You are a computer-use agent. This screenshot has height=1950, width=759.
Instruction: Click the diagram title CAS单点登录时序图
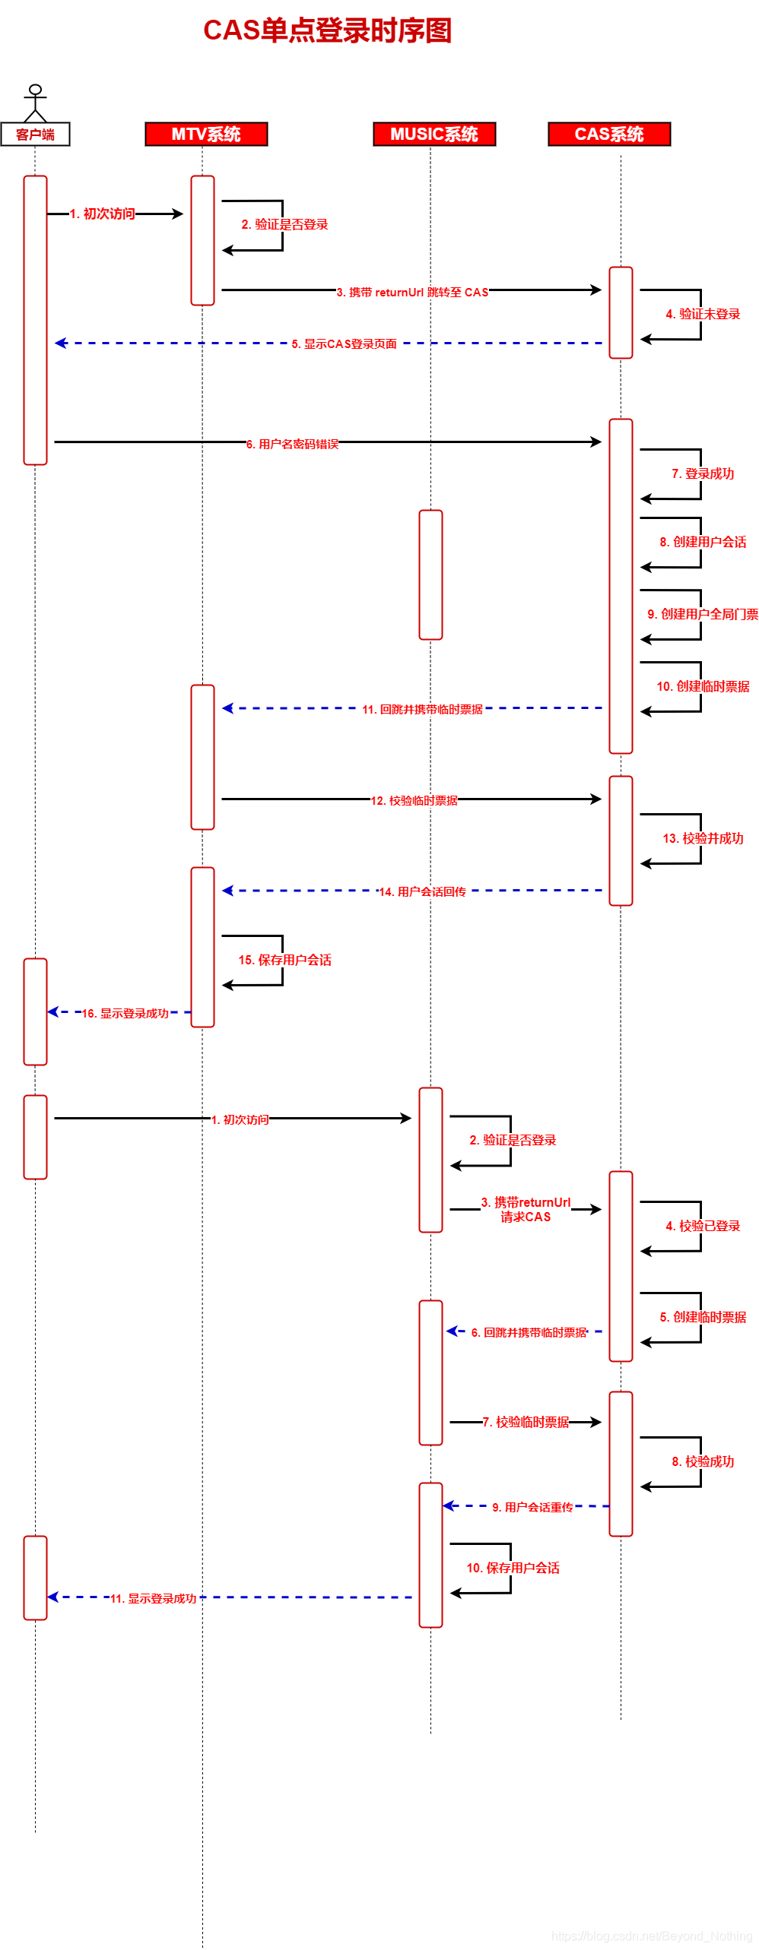pos(328,30)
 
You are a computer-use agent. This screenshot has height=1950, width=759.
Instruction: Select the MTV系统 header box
pos(206,134)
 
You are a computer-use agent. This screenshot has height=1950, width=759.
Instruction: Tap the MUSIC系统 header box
pos(434,134)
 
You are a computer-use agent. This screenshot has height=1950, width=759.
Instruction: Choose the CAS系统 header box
pos(609,134)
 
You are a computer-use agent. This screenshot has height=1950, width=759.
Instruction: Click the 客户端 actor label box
pos(35,134)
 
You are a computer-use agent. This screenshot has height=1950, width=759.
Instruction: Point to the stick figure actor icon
pos(35,103)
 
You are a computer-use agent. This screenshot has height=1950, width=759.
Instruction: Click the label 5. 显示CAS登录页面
pos(345,344)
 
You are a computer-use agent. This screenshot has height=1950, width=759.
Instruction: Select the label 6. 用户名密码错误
pos(293,444)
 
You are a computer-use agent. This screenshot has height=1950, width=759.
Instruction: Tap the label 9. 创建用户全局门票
pos(703,614)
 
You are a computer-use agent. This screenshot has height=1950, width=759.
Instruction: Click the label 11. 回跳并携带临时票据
pos(422,709)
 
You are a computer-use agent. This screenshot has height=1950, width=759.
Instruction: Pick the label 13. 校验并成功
pos(703,838)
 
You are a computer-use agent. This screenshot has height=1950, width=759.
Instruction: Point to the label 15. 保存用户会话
pos(285,960)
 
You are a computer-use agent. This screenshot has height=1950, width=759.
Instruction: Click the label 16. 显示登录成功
pos(125,1013)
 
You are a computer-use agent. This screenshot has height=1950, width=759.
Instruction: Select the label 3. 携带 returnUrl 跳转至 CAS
pos(412,292)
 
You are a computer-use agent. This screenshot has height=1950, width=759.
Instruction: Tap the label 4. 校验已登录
pos(703,1226)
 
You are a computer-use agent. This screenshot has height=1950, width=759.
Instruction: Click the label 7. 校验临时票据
pos(526,1422)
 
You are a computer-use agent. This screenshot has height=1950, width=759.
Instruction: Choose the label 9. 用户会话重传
pos(532,1507)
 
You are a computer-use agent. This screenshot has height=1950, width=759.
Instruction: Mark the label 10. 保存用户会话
pos(513,1568)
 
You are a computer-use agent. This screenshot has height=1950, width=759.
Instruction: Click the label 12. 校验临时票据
pos(414,800)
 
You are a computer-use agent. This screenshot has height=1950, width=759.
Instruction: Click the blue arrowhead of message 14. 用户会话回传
pos(227,890)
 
